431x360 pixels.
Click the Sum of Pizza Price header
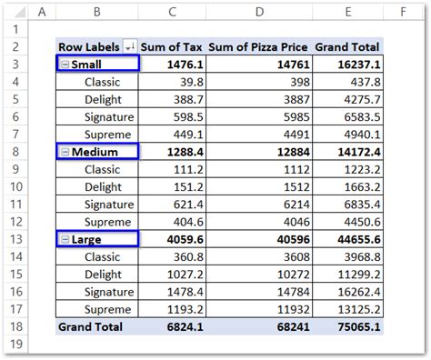coord(258,46)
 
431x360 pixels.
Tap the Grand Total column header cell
coord(347,46)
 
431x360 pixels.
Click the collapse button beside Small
coord(65,64)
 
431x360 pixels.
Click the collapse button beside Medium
coord(65,151)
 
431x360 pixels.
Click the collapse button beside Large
coord(65,238)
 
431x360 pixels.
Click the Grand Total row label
coord(91,325)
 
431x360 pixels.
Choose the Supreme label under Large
coord(109,308)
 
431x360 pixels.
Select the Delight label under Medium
coord(105,186)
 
